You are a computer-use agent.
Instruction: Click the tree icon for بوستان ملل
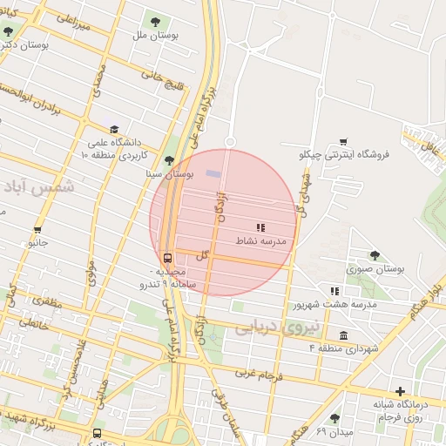point(156,20)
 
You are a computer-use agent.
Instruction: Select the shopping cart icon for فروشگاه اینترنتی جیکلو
point(343,141)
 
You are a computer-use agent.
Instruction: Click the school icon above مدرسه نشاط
point(260,226)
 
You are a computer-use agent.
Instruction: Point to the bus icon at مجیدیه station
point(166,257)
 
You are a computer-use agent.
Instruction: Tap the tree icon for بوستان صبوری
point(375,255)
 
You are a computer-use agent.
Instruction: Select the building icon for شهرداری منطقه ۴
point(344,335)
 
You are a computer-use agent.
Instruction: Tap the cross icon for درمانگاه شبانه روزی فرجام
point(400,391)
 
